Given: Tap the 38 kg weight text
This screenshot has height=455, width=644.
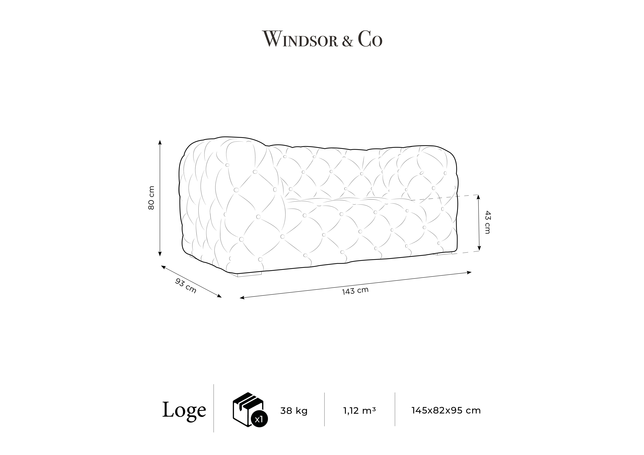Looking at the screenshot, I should pos(294,411).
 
